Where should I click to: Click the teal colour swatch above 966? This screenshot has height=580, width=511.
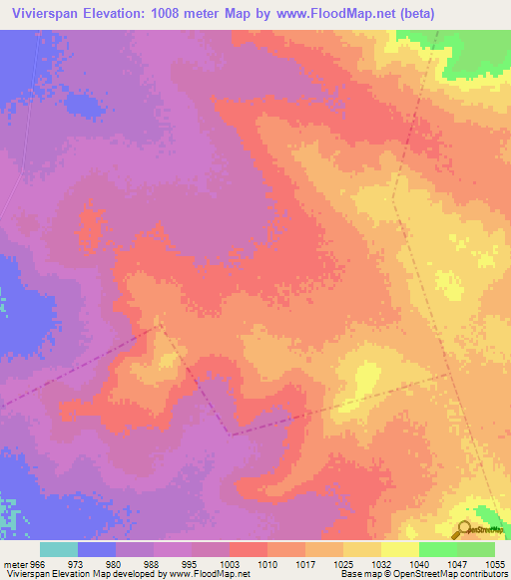point(59,549)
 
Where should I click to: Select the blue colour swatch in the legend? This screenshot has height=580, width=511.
point(97,549)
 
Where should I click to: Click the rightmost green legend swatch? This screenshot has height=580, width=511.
point(476,549)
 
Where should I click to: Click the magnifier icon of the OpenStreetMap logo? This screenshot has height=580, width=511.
point(465,529)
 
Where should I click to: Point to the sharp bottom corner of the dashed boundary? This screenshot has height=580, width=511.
point(229,435)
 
